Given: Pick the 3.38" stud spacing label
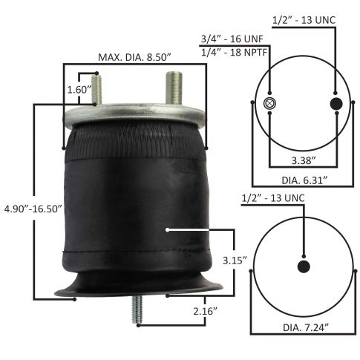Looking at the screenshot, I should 305,158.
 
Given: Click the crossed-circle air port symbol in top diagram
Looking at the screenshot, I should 270,102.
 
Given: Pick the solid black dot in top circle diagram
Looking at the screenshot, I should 336,102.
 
